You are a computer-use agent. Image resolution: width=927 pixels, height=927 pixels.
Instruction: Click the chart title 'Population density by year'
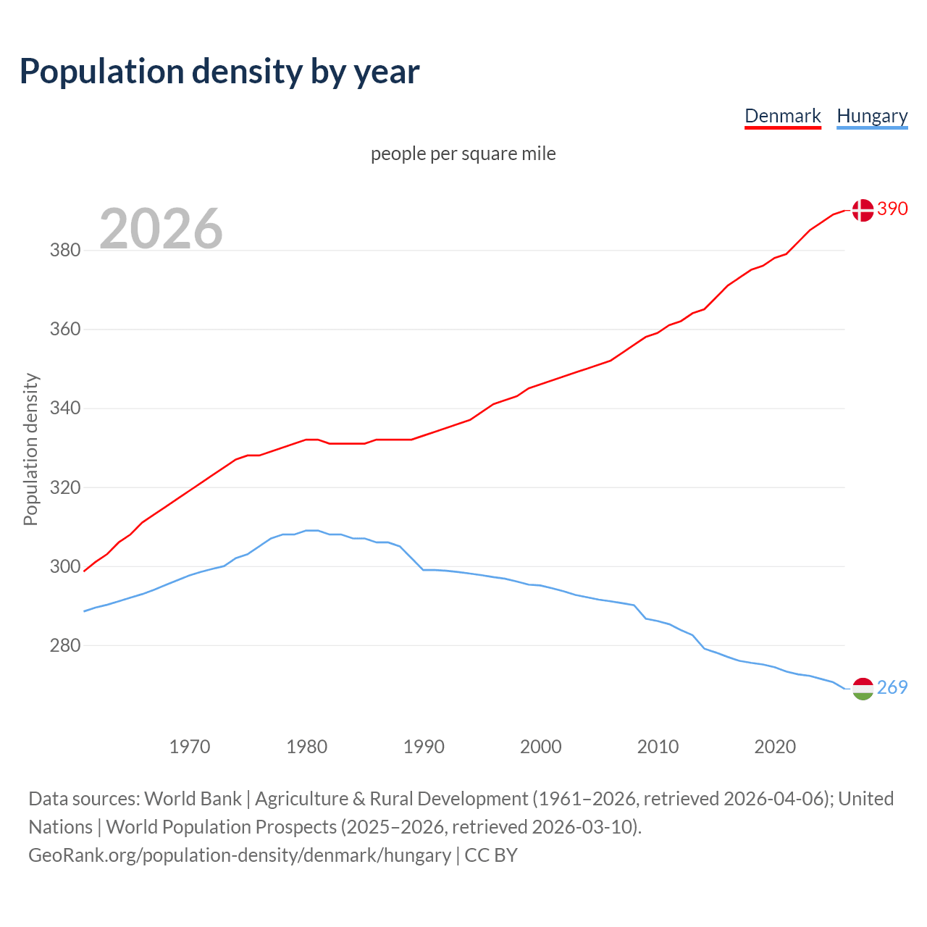pyautogui.click(x=219, y=71)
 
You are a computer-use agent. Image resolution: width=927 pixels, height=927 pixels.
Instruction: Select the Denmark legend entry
pyautogui.click(x=782, y=116)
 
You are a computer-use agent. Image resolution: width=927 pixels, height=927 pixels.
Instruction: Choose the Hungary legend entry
pyautogui.click(x=872, y=116)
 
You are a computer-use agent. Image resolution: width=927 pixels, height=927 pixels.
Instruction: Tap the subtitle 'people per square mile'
pyautogui.click(x=463, y=154)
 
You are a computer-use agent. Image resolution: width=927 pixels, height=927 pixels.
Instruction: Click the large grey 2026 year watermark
pyautogui.click(x=161, y=229)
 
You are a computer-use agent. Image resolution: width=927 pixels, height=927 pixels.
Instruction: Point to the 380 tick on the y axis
pyautogui.click(x=64, y=251)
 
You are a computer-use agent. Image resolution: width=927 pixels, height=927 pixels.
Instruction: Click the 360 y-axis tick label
pyautogui.click(x=64, y=330)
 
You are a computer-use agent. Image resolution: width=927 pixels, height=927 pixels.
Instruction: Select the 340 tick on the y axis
pyautogui.click(x=64, y=408)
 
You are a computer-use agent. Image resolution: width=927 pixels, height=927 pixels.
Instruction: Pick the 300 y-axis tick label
pyautogui.click(x=64, y=566)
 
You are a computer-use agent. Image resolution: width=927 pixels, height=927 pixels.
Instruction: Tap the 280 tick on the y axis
pyautogui.click(x=64, y=645)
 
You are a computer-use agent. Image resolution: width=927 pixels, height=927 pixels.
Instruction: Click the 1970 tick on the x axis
pyautogui.click(x=190, y=747)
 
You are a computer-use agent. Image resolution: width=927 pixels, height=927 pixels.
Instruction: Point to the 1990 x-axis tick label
pyautogui.click(x=424, y=747)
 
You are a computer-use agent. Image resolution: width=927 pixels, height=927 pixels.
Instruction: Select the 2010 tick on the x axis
pyautogui.click(x=658, y=747)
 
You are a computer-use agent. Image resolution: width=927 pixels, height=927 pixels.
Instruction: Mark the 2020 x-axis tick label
pyautogui.click(x=775, y=747)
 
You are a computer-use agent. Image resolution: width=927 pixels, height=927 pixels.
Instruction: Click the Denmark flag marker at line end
pyautogui.click(x=862, y=210)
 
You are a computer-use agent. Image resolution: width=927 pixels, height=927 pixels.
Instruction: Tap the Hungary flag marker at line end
pyautogui.click(x=862, y=689)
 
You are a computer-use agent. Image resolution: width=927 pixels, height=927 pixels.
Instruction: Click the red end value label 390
pyautogui.click(x=892, y=209)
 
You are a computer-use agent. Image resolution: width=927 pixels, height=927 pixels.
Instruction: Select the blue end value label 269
pyautogui.click(x=892, y=687)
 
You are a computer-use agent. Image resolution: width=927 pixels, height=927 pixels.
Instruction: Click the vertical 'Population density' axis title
pyautogui.click(x=30, y=449)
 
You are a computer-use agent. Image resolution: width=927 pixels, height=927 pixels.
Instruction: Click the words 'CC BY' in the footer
pyautogui.click(x=491, y=855)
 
